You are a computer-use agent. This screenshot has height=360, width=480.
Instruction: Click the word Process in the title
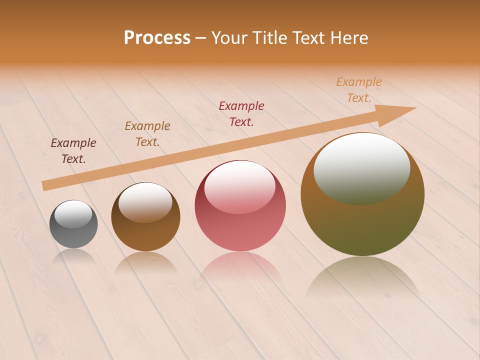pyautogui.click(x=157, y=38)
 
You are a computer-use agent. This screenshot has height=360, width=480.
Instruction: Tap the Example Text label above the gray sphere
pyautogui.click(x=73, y=151)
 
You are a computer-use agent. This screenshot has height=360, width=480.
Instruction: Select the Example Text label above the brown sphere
pyautogui.click(x=147, y=134)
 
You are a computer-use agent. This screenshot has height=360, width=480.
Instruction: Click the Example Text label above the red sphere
pyautogui.click(x=241, y=114)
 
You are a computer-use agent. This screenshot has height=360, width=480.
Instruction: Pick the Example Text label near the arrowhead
pyautogui.click(x=358, y=90)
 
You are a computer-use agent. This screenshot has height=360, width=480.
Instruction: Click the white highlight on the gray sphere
pyautogui.click(x=73, y=214)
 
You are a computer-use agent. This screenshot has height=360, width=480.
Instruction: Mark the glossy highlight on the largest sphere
pyautogui.click(x=361, y=167)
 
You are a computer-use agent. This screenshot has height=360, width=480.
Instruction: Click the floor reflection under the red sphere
pyautogui.click(x=240, y=265)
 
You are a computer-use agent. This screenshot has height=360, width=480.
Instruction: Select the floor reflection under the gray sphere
pyautogui.click(x=73, y=256)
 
